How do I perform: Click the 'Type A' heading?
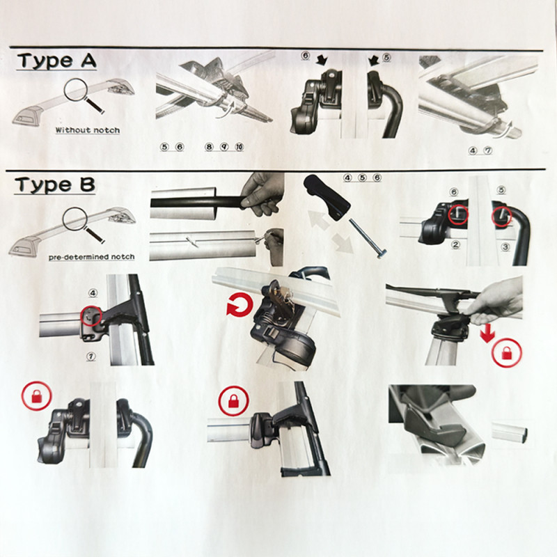[57, 61]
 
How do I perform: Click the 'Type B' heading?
[55, 185]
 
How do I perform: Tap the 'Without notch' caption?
[88, 130]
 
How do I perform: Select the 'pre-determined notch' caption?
[92, 257]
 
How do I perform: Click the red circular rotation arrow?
[240, 305]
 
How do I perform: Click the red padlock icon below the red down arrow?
[507, 353]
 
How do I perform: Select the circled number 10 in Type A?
[240, 147]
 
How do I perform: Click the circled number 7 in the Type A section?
[489, 150]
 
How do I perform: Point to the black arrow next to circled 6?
[322, 59]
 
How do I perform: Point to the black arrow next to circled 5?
[374, 61]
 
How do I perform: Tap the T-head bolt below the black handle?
[368, 238]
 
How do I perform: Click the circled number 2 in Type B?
[456, 244]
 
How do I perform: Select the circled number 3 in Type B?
[505, 246]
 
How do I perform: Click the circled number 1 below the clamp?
[91, 356]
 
